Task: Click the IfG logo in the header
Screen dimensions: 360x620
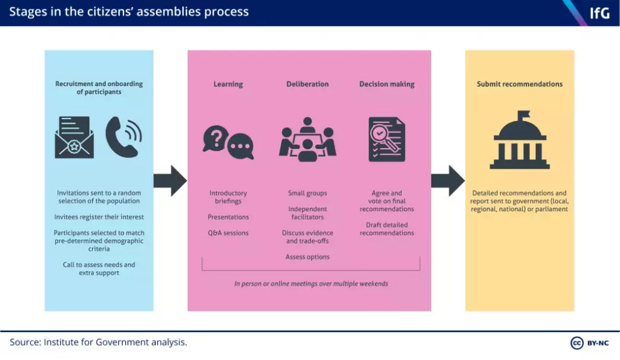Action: pyautogui.click(x=599, y=13)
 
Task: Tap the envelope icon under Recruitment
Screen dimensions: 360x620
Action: pyautogui.click(x=74, y=137)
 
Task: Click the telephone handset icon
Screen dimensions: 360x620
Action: pyautogui.click(x=123, y=137)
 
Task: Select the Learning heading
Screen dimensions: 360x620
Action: pyautogui.click(x=228, y=84)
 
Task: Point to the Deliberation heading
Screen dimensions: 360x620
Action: pyautogui.click(x=308, y=84)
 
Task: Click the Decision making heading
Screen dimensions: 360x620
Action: pyautogui.click(x=387, y=84)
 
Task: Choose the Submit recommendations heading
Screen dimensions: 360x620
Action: pyautogui.click(x=519, y=84)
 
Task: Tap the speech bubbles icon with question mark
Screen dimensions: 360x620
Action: pyautogui.click(x=228, y=142)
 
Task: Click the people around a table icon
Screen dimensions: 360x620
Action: pyautogui.click(x=308, y=140)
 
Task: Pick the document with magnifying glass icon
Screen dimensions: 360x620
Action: pyautogui.click(x=387, y=139)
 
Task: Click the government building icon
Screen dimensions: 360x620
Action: pyautogui.click(x=519, y=140)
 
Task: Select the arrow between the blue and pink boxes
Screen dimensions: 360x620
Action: pyautogui.click(x=170, y=180)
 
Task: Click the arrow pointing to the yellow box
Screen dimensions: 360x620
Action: pyautogui.click(x=447, y=180)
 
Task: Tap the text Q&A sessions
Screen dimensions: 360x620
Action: pyautogui.click(x=228, y=233)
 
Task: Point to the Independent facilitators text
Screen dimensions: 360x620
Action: pyautogui.click(x=308, y=213)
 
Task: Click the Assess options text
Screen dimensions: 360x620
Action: pyautogui.click(x=308, y=257)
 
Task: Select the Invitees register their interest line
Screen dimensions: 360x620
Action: pyautogui.click(x=99, y=217)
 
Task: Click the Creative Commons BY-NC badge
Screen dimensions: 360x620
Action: pyautogui.click(x=590, y=343)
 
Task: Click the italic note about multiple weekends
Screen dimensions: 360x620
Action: pyautogui.click(x=311, y=284)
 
